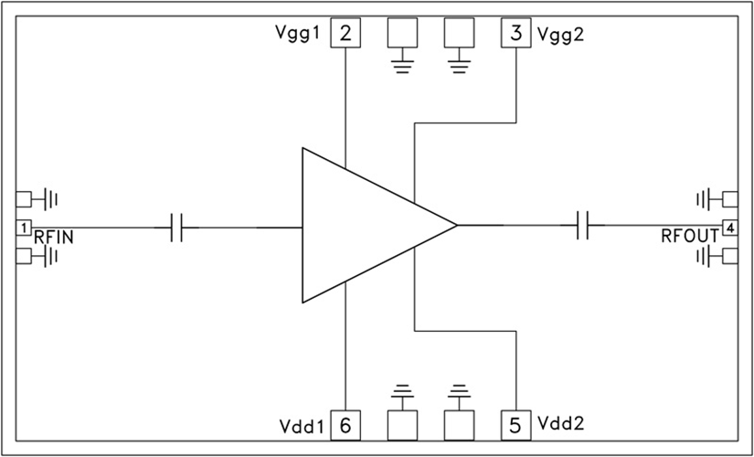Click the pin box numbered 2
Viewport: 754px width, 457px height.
[x=345, y=35]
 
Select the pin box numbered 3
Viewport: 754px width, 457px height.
[x=516, y=35]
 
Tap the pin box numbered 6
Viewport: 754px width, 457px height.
[x=345, y=424]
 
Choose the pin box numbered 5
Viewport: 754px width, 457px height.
[x=516, y=424]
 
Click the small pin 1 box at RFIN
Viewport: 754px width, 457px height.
[x=25, y=226]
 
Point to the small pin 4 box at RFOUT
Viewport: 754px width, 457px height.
[x=729, y=226]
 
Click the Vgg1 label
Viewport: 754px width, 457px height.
[x=298, y=35]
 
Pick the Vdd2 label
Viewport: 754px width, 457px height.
[x=562, y=424]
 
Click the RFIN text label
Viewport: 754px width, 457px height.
[x=54, y=238]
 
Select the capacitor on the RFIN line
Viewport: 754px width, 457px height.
[x=177, y=226]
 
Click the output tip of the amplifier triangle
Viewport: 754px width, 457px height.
[x=454, y=224]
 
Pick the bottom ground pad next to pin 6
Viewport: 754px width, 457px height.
[x=402, y=424]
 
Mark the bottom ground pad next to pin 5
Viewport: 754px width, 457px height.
[x=458, y=424]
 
